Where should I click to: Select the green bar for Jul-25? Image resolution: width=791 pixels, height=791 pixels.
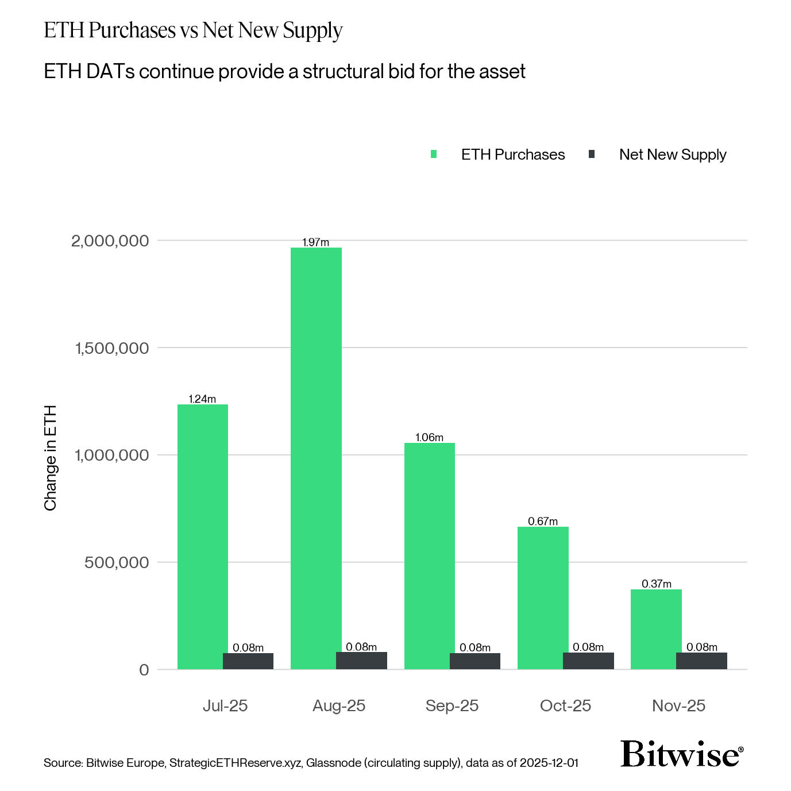tap(202, 537)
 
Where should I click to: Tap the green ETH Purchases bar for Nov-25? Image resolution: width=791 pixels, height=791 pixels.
tap(655, 629)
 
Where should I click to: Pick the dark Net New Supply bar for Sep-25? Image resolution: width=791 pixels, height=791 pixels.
tap(475, 661)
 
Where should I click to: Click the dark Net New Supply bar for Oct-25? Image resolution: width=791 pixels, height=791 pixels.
tap(588, 661)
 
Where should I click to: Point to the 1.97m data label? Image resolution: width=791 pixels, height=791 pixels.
tap(315, 242)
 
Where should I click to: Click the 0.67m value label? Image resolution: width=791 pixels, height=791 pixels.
tap(542, 522)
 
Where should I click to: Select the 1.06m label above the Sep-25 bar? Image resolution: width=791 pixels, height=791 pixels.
tap(429, 438)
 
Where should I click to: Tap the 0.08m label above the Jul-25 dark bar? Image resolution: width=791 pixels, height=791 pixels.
tap(248, 648)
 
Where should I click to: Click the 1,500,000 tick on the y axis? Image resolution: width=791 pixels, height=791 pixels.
tap(111, 348)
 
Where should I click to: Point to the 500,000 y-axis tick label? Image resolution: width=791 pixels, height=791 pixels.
tap(117, 562)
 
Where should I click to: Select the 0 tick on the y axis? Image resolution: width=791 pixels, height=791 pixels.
tap(144, 670)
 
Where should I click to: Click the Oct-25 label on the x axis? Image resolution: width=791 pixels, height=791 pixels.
tap(565, 706)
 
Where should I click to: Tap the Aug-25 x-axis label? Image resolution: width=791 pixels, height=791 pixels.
tap(338, 706)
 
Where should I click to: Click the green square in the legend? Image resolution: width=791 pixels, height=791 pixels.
tap(434, 155)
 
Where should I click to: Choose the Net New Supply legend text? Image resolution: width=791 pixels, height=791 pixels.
tap(672, 155)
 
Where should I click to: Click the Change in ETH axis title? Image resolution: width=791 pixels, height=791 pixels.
tap(51, 458)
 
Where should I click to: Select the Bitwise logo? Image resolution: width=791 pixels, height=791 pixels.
tap(681, 754)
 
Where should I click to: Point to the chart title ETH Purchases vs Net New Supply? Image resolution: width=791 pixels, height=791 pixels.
tap(193, 30)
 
